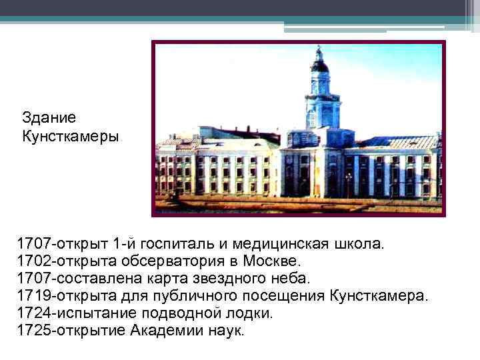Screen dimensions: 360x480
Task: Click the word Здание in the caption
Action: [x=49, y=117]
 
